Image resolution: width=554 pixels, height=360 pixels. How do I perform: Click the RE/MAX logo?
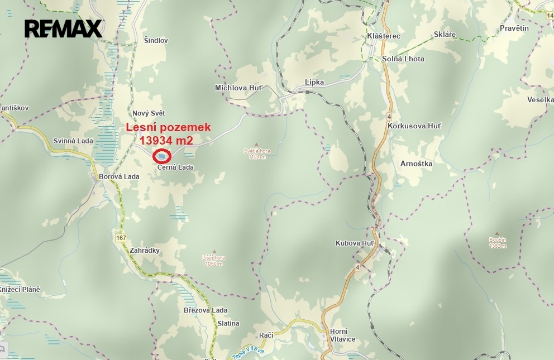point(63,28)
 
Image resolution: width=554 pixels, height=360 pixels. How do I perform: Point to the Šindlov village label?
point(156,41)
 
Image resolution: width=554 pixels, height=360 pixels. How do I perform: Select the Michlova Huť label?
point(238,88)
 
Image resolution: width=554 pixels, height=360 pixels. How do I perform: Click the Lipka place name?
point(314,82)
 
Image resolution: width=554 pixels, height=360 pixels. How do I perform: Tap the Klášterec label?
point(384,36)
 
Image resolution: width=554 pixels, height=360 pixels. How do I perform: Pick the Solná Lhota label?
point(403,59)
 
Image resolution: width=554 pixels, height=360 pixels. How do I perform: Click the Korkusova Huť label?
point(414,126)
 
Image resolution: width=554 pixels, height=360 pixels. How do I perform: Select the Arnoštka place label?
point(417,164)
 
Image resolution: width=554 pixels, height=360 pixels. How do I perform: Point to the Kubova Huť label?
point(355,243)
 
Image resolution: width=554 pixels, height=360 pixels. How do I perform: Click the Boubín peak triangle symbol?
point(498,233)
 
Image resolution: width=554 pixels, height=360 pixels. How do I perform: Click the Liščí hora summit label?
point(213,258)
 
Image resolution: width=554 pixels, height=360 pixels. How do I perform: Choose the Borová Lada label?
point(118,177)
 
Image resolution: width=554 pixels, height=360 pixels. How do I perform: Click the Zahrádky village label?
point(144,251)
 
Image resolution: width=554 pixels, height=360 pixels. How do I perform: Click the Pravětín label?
point(514,28)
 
